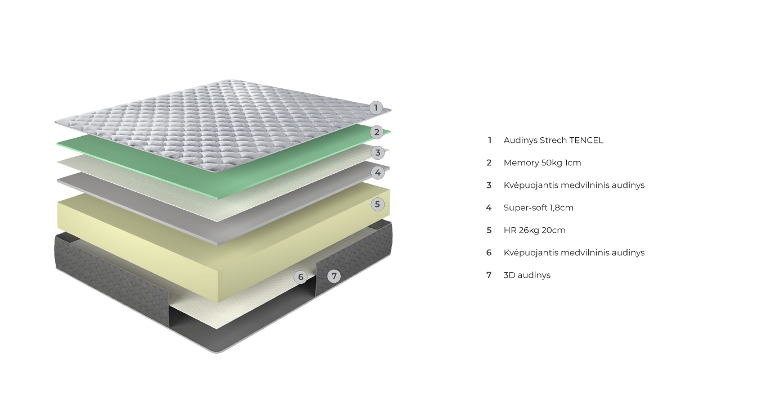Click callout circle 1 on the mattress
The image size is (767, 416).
pos(376,107)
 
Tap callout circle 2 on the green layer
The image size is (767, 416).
pos(377,132)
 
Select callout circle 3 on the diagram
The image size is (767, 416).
pos(378,152)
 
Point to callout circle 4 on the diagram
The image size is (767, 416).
pos(378,173)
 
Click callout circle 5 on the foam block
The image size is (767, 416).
pos(378,204)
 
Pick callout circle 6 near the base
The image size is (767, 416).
pos(301,277)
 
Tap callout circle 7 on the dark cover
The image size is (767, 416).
pos(334,275)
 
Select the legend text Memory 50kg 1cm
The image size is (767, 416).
pos(542,163)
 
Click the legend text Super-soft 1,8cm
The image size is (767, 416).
pos(538,208)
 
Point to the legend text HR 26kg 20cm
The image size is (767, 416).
pos(534,230)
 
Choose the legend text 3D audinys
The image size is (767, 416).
pos(527,275)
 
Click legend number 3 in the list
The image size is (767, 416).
pos(489,186)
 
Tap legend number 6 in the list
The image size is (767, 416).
pos(489,253)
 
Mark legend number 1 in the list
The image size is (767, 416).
pos(489,141)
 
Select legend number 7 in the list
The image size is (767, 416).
pos(489,275)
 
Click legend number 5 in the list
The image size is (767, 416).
pos(489,230)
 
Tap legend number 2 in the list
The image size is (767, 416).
pos(489,163)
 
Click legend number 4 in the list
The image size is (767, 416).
pos(489,208)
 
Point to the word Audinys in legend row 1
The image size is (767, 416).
pos(520,141)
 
